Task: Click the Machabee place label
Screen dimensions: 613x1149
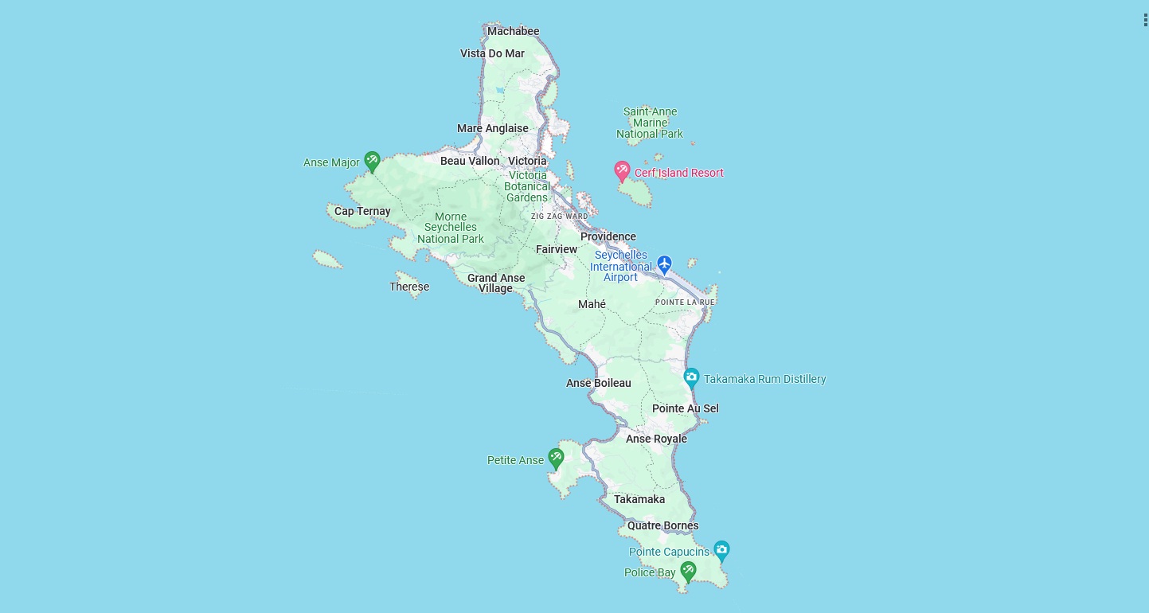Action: [x=513, y=31]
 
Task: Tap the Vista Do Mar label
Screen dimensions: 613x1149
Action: [x=492, y=53]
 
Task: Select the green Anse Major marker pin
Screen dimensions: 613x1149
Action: [x=372, y=161]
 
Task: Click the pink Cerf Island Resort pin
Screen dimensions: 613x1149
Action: [x=622, y=170]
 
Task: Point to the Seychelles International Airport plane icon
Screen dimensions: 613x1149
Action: [x=664, y=264]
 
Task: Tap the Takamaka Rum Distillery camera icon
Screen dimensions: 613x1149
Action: [x=691, y=377]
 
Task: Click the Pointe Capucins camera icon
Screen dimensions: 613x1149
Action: [x=721, y=549]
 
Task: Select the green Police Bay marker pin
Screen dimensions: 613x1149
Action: [x=689, y=570]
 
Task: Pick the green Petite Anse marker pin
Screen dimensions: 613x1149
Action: [x=556, y=458]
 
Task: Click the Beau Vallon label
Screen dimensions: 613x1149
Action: [x=470, y=161]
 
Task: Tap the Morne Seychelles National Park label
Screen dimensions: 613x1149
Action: [x=451, y=228]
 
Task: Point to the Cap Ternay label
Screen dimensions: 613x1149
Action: [x=362, y=211]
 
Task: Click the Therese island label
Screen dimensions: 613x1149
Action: [x=409, y=287]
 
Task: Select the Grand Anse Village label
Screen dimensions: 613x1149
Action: [x=496, y=283]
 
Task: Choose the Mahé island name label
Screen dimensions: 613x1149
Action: [x=592, y=304]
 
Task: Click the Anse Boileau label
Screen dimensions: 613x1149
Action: [x=598, y=383]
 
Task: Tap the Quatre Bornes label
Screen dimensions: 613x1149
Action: [x=662, y=525]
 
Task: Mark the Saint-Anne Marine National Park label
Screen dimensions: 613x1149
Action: [x=650, y=123]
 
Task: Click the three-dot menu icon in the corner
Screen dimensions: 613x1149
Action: [x=1144, y=20]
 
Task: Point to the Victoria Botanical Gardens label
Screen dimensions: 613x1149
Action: [x=527, y=186]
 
